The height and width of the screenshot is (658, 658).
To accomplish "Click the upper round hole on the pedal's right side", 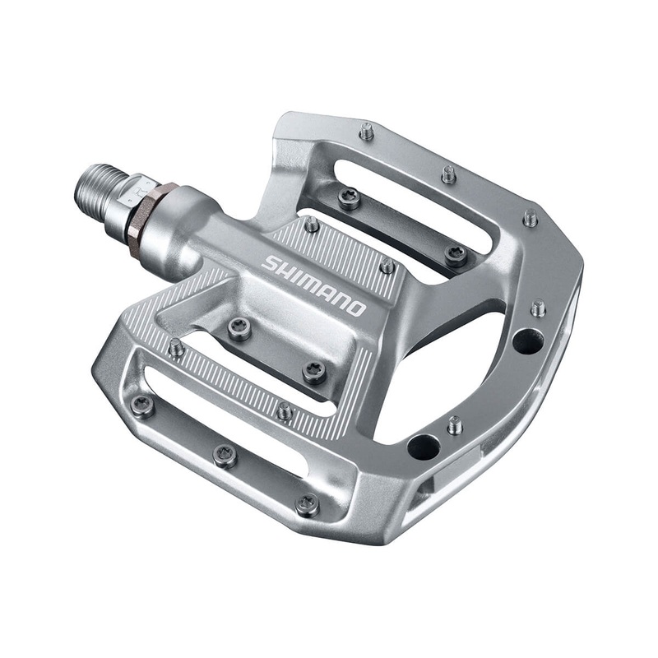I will [x=527, y=339].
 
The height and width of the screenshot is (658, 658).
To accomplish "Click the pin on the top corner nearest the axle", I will [x=367, y=131].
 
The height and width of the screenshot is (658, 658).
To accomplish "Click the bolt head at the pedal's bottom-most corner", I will [x=308, y=503].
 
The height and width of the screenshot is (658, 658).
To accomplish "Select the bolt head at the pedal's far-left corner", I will [x=143, y=404].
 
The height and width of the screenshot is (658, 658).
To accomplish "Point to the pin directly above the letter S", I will [x=312, y=223].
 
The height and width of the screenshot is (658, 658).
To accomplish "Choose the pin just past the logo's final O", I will [x=387, y=266].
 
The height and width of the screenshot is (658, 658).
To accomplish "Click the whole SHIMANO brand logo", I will [x=313, y=285].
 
